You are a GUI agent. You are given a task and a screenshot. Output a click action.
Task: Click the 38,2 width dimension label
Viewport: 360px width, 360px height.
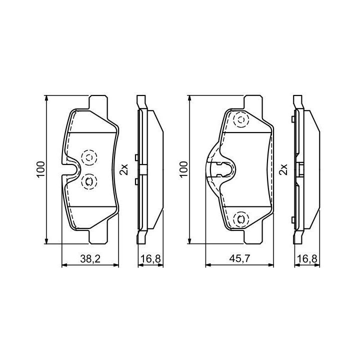tap(90, 259)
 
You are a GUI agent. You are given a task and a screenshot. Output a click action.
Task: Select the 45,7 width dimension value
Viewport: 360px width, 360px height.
tap(239, 259)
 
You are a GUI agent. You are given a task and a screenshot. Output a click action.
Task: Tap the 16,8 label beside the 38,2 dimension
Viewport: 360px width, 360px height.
tap(150, 259)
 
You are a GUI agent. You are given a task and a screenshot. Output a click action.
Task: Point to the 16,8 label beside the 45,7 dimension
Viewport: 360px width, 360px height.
tap(307, 259)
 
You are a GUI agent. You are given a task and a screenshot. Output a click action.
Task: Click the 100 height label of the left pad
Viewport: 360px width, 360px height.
tap(41, 169)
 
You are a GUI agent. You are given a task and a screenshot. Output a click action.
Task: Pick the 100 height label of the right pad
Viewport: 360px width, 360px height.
tap(183, 169)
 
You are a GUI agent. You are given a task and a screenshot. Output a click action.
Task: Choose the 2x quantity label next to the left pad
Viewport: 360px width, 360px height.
tap(124, 169)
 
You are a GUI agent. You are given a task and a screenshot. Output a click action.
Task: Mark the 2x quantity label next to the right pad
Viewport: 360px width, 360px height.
tap(283, 169)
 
